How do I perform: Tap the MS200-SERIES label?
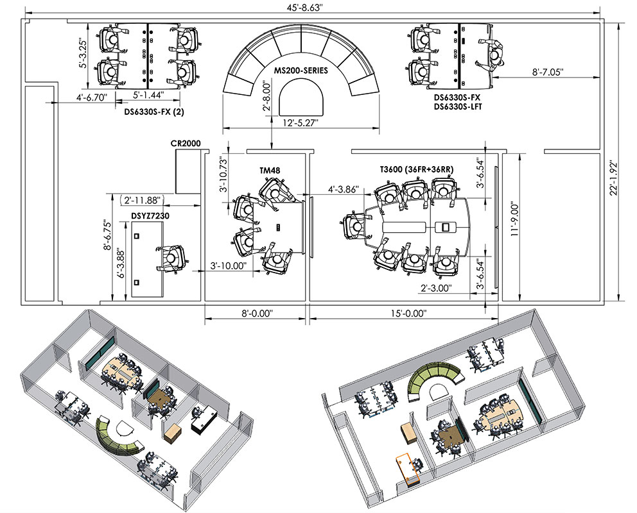click(x=301, y=71)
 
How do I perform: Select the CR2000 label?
click(x=186, y=143)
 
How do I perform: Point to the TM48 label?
click(x=270, y=171)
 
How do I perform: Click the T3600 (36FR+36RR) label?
click(x=417, y=169)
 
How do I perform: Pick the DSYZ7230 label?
click(x=150, y=216)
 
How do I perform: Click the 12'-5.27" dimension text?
click(x=301, y=122)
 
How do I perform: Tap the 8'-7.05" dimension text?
click(x=548, y=72)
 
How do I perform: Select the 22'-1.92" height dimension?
click(x=614, y=178)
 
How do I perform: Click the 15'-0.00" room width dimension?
click(x=409, y=313)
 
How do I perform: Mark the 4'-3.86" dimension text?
click(x=344, y=189)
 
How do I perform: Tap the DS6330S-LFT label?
click(x=458, y=106)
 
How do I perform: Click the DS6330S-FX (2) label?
click(x=154, y=112)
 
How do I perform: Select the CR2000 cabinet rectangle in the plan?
click(x=188, y=171)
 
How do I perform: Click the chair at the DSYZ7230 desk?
click(x=172, y=258)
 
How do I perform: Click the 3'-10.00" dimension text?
click(x=229, y=265)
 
